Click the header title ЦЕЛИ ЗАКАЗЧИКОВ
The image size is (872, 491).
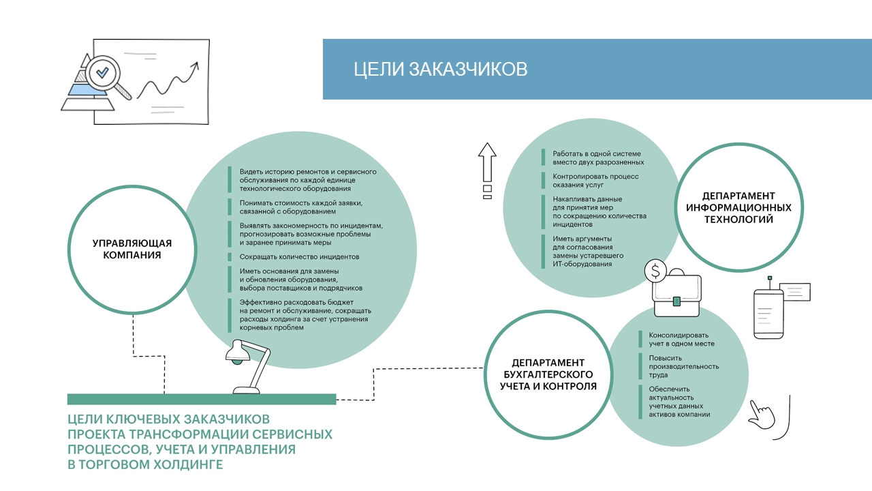pos(440,70)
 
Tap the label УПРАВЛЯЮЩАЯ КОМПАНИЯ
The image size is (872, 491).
pos(131,249)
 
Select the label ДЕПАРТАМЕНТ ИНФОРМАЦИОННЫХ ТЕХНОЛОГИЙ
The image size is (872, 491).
pos(738,208)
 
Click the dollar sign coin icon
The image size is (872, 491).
pos(655,271)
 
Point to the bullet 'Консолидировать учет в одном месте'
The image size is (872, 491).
pos(679,340)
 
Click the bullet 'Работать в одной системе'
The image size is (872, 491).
pos(597,158)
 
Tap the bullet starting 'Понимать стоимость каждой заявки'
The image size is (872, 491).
pos(300,207)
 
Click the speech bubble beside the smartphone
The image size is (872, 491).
pos(794,291)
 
